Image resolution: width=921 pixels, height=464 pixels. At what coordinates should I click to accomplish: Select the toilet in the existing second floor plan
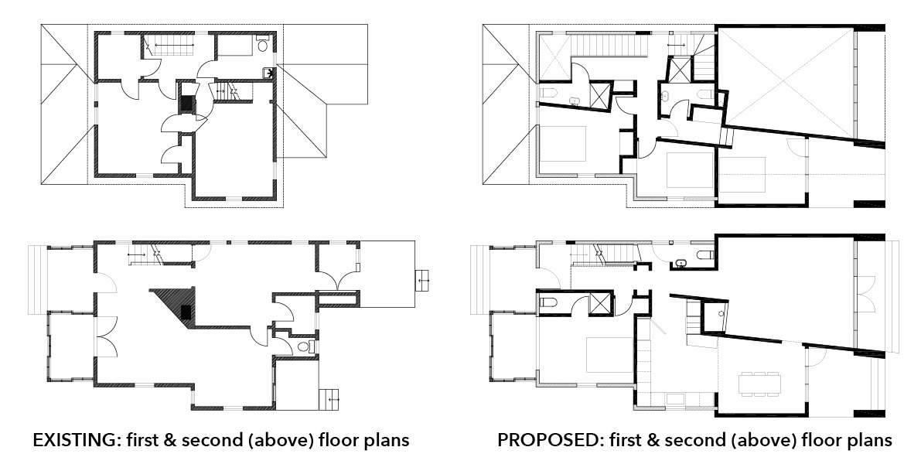click(263, 44)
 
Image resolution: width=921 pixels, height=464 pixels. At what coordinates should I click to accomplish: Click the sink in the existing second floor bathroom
click(268, 73)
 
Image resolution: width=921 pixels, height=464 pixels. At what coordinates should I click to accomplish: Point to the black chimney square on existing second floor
click(187, 104)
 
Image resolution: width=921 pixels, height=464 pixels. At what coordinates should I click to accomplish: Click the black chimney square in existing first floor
click(186, 312)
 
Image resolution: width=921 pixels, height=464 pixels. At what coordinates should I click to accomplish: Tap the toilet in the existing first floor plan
click(305, 346)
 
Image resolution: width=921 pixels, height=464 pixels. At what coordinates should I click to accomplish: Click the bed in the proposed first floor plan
click(609, 353)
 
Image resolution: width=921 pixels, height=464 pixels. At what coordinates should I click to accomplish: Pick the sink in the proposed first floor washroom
click(682, 262)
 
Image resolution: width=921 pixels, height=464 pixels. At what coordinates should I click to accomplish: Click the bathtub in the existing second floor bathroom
click(236, 45)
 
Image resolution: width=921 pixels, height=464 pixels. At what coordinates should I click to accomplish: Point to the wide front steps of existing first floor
click(36, 280)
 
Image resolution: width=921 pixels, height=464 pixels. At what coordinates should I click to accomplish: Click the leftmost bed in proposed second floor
click(563, 143)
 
